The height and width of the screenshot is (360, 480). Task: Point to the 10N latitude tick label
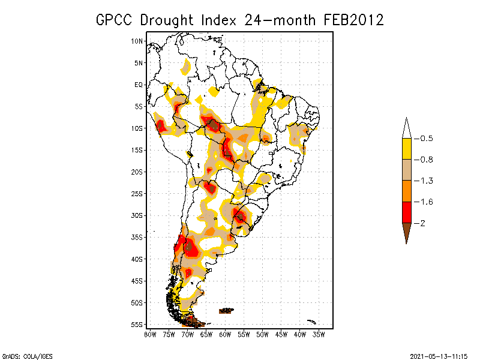click(x=137, y=41)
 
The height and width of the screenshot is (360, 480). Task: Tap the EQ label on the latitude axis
click(x=139, y=85)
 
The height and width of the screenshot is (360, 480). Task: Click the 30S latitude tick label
click(x=137, y=215)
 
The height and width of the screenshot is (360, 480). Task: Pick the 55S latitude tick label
click(x=137, y=325)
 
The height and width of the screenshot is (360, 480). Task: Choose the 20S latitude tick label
click(x=137, y=172)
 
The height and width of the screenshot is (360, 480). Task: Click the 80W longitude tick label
click(x=150, y=334)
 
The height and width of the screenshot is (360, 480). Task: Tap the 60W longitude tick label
click(x=225, y=334)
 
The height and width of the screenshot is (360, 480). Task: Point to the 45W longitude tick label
click(x=281, y=334)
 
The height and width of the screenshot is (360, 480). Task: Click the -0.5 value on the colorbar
click(x=426, y=139)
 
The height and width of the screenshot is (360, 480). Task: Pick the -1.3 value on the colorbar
click(x=426, y=181)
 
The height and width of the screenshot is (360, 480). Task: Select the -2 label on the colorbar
click(x=423, y=223)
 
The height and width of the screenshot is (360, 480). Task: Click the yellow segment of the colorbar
click(x=407, y=149)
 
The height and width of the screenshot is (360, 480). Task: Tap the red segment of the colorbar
click(x=407, y=212)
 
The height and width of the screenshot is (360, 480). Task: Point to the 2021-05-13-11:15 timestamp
click(x=439, y=355)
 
